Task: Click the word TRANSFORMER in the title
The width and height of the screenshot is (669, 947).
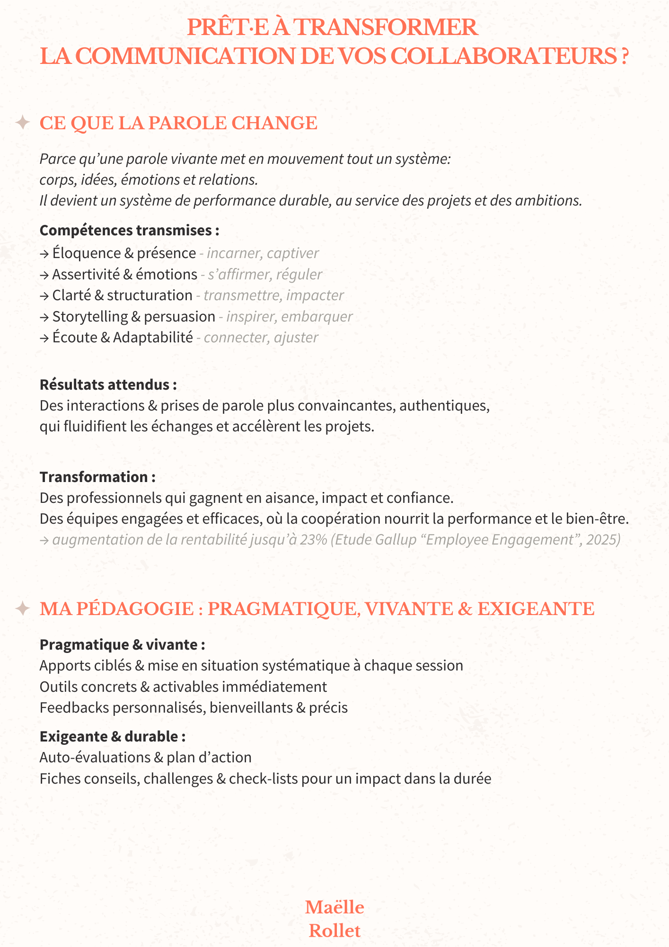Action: tap(386, 27)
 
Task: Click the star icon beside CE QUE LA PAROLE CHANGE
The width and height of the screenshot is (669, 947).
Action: tap(22, 123)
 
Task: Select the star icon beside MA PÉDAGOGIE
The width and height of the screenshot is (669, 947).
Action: tap(22, 608)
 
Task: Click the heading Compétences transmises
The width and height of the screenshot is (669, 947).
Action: tap(129, 230)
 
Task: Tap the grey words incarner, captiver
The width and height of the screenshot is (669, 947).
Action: tap(263, 253)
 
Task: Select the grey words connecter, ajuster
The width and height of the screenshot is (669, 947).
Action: tap(261, 338)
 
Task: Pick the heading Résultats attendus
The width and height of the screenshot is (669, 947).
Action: tap(108, 384)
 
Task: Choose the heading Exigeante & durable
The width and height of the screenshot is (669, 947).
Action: tap(112, 737)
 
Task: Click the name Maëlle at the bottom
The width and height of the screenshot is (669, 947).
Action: tap(334, 907)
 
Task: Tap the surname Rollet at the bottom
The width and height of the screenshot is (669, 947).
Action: tap(334, 931)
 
